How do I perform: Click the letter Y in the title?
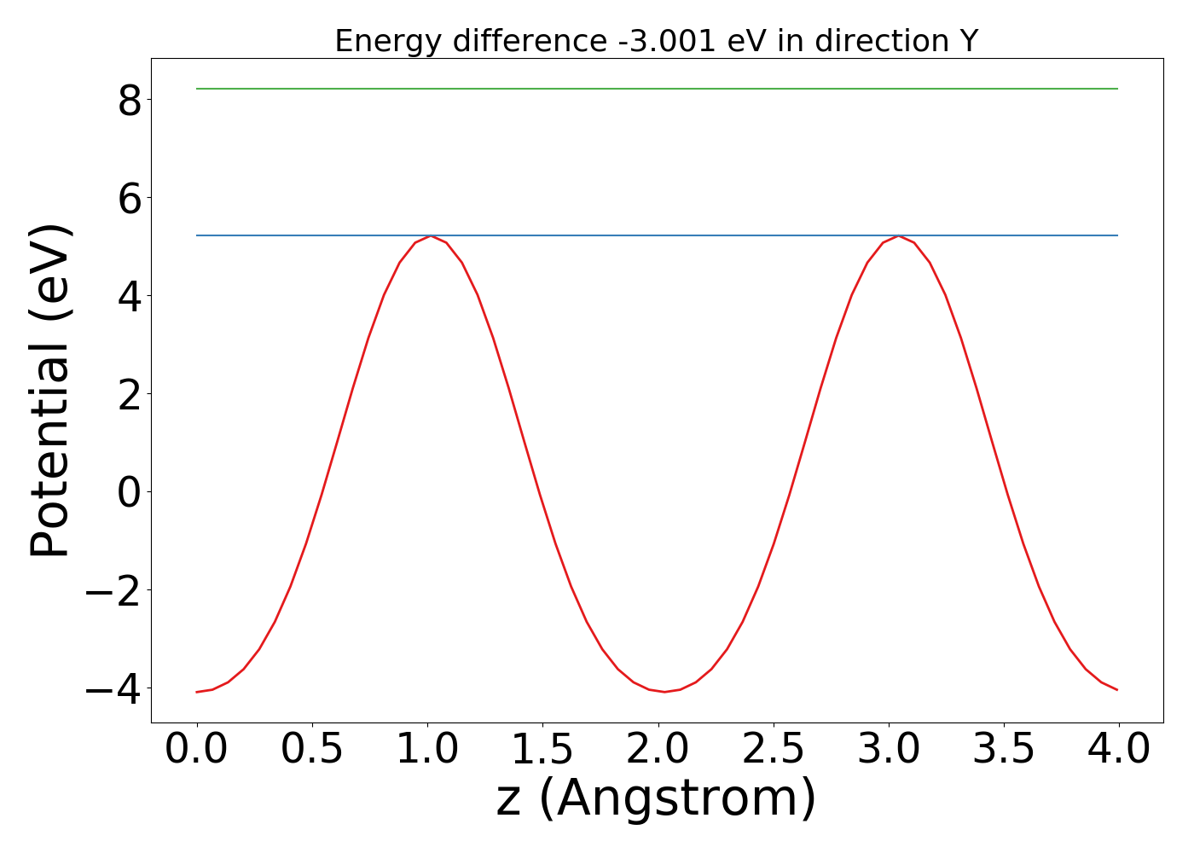968,41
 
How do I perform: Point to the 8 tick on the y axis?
130,100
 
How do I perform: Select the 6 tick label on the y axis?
130,198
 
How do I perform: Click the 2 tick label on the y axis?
130,394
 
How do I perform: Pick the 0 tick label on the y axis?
130,492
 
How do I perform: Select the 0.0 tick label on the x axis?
197,750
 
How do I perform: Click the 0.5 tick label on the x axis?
312,750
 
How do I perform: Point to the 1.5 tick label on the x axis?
543,750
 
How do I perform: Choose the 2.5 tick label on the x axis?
774,750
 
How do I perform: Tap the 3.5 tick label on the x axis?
1004,750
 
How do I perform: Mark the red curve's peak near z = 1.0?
432,236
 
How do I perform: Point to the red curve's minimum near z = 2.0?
664,691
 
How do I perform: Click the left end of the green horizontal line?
198,89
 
